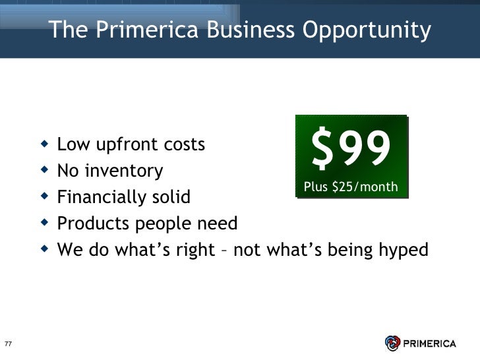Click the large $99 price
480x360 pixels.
[x=351, y=149]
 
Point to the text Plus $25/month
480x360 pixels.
[x=351, y=187]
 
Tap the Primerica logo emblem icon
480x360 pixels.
[x=392, y=344]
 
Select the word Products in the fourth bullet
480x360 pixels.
[x=90, y=224]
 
